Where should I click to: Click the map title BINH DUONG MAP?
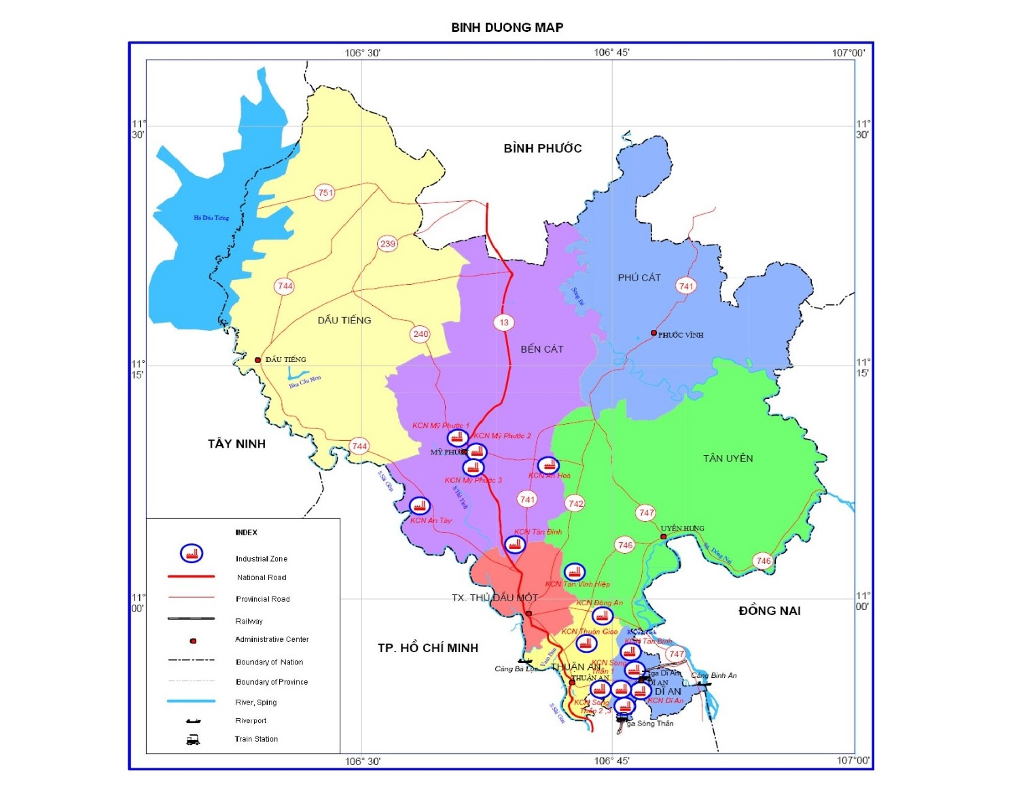pos(507,28)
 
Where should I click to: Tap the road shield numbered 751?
pos(325,193)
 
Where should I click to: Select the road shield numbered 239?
pos(387,244)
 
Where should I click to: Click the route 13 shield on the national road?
pos(503,323)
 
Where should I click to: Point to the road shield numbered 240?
pos(421,334)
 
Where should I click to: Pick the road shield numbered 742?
pos(575,503)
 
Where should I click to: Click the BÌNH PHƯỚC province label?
pos(542,149)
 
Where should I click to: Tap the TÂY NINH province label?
pos(236,444)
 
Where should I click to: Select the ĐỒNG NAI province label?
pos(769,611)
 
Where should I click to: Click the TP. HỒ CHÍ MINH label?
pos(428,648)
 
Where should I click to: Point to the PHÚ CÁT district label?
pos(639,278)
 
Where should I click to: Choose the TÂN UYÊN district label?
pos(728,459)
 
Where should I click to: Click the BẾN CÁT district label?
pos(541,349)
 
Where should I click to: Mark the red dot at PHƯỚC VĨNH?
pos(654,333)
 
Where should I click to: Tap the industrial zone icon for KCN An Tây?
pos(420,506)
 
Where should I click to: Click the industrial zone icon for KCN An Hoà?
pos(548,465)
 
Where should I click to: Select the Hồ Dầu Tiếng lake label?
pos(211,218)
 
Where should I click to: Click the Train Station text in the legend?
pos(256,739)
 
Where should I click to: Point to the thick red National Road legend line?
pos(191,577)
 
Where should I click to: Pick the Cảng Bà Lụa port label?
pos(516,669)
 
